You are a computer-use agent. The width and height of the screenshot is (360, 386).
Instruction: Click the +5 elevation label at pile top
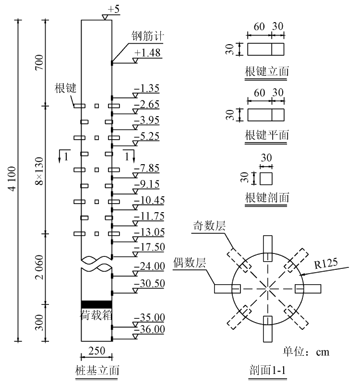114,9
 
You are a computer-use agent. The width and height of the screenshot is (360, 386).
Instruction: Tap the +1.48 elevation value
147,53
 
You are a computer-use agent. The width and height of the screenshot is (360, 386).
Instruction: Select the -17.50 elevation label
149,247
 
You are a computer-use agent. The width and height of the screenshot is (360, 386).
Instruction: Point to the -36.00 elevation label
149,329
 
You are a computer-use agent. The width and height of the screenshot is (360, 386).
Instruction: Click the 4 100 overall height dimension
12,179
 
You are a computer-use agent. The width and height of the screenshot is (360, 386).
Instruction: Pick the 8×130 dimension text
39,171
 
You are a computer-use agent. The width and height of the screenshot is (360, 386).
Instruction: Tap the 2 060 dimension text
39,267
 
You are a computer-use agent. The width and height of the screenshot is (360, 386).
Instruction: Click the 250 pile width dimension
96,351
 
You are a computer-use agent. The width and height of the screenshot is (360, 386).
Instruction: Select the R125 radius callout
326,264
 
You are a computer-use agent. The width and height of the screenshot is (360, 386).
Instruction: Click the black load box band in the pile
96,304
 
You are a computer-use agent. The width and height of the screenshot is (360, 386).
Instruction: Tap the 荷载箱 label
96,315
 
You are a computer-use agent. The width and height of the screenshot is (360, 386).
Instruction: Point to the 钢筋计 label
147,36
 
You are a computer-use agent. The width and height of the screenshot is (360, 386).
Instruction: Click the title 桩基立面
97,371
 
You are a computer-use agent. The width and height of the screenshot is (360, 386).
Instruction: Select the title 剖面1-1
267,370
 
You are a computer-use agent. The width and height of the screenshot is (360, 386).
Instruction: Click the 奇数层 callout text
209,226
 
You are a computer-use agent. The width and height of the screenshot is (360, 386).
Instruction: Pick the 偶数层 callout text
190,263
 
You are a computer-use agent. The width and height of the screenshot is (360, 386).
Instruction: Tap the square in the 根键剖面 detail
266,179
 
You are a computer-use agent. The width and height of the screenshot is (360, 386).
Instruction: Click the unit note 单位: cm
306,352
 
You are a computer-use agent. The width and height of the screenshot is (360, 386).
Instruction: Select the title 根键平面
267,135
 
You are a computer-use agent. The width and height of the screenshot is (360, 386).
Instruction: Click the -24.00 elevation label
149,266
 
